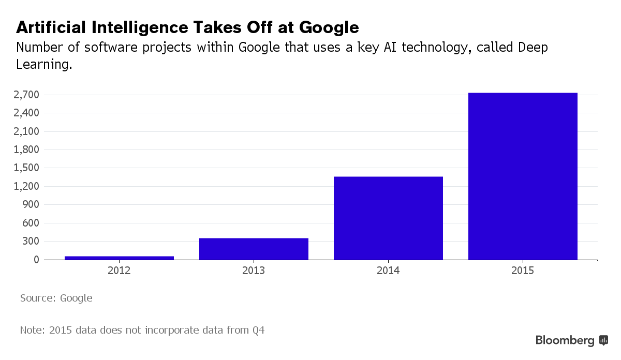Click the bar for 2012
(119, 258)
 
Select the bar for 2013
(254, 249)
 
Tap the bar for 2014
(388, 218)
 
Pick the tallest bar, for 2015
(523, 176)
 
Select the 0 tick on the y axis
(36, 260)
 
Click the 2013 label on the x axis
(254, 271)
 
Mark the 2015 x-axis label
(523, 271)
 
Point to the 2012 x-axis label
(119, 271)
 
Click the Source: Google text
(56, 298)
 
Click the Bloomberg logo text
(565, 340)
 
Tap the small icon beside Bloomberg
(603, 340)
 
